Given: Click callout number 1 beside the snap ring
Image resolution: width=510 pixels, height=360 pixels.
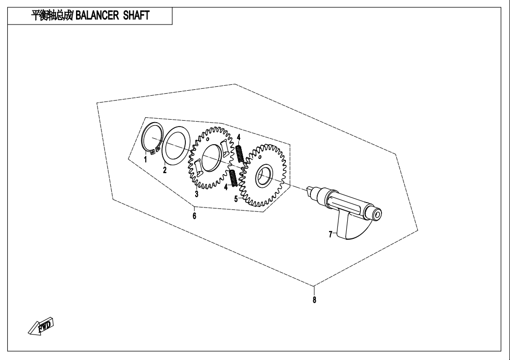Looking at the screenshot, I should pos(146,159).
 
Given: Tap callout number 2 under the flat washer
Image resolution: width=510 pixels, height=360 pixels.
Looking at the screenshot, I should pos(165,170).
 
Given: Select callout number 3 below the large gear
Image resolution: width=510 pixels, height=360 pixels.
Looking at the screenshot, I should pos(196,194).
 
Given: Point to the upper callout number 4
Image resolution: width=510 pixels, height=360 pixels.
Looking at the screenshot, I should pos(239,137).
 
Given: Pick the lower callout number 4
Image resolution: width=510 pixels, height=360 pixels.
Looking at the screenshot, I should pos(226,187).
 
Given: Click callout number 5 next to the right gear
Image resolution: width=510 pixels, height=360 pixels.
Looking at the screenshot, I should pos(236,199).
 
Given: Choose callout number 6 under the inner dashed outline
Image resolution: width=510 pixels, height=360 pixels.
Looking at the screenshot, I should pos(194,215).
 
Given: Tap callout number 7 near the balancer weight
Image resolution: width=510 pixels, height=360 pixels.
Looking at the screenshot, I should pos(331,234).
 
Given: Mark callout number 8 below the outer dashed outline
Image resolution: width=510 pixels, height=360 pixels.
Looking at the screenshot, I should pos(314,300).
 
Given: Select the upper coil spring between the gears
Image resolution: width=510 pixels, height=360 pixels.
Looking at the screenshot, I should pos(239,153).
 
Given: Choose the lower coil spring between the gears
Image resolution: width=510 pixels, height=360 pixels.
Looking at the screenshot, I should pos(234,178).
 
